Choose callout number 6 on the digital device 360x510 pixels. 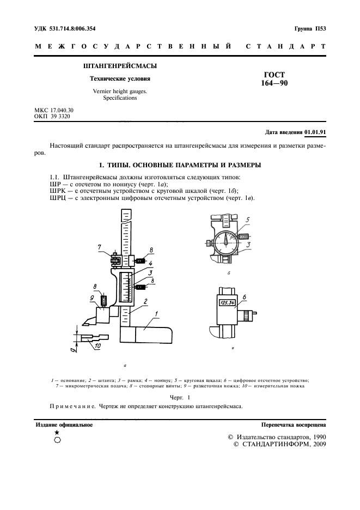[x=245, y=297]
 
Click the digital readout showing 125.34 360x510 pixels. [x=225, y=303]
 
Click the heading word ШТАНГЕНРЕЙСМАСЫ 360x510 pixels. [x=120, y=66]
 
